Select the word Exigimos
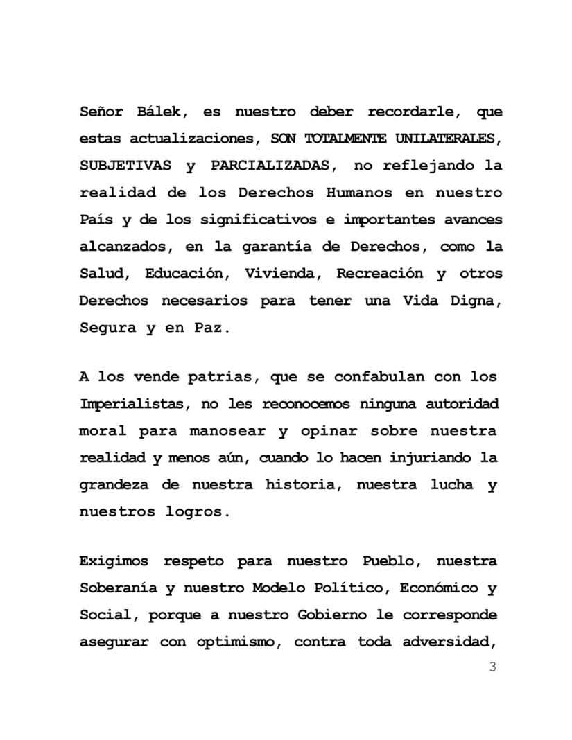(x=114, y=561)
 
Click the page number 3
(x=493, y=667)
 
